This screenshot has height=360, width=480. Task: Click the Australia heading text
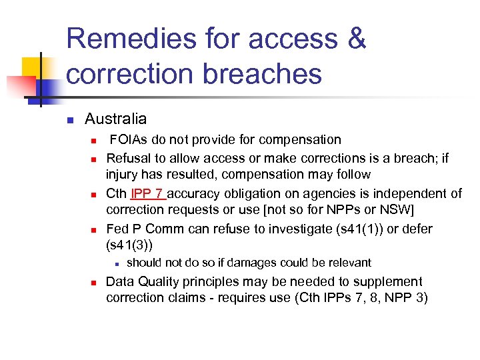(x=115, y=119)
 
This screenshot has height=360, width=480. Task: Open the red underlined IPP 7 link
(x=147, y=194)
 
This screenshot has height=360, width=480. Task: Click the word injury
(x=123, y=175)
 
